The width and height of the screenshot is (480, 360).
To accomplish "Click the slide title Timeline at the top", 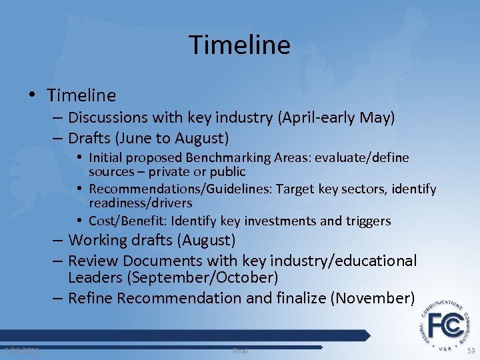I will coord(240,45).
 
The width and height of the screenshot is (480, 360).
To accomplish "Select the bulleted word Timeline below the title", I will coord(83,96).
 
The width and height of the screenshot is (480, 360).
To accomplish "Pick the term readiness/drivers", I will coord(140,203).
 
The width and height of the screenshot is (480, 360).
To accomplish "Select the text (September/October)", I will coord(205,277).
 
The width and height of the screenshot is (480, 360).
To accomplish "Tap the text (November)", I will coord(372,298).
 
